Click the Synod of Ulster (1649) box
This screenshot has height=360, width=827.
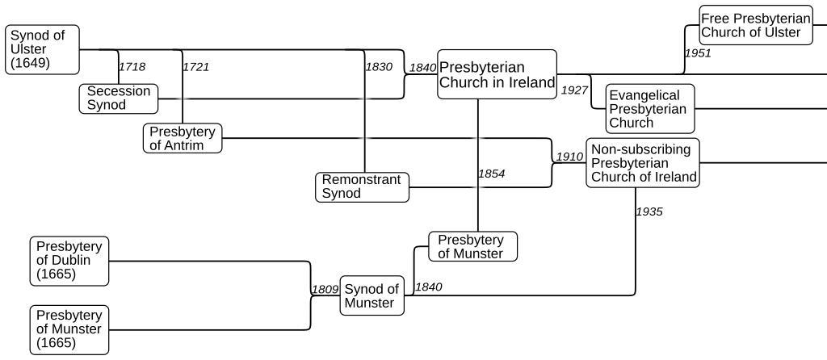tap(43, 49)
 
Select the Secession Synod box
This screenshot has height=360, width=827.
tap(118, 98)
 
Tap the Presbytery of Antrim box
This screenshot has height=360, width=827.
tap(183, 138)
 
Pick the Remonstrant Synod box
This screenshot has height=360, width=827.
tap(362, 186)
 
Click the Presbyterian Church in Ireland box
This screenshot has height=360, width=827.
tap(497, 74)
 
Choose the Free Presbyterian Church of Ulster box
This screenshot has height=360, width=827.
tap(755, 25)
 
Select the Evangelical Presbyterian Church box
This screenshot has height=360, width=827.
tap(649, 109)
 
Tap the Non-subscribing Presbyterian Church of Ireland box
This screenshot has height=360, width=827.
tap(643, 163)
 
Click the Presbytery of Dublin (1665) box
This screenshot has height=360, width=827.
tap(69, 261)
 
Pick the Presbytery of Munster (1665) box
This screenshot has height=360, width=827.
tap(69, 329)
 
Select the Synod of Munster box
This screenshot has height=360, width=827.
tap(372, 296)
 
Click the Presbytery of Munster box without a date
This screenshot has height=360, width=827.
tap(472, 246)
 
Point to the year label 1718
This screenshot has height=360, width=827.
tap(132, 66)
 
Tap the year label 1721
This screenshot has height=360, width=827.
tap(196, 66)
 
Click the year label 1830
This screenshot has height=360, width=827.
tap(379, 66)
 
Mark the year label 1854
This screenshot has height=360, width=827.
tap(492, 174)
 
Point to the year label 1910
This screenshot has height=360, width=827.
tap(569, 157)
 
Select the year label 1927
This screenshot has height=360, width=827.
tap(574, 90)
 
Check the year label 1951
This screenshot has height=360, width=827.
tap(698, 52)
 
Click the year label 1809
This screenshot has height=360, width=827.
tap(325, 288)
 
